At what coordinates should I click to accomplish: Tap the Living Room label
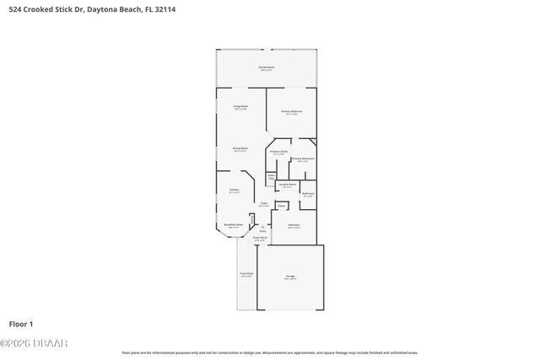point(240,106)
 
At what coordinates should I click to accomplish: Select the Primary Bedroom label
point(291,111)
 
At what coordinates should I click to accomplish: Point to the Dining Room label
point(240,148)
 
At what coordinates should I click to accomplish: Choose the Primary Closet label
point(279,152)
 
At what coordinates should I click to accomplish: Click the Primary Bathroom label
point(303,159)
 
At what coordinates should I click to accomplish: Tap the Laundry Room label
point(287,184)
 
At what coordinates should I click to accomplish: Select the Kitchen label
point(235,190)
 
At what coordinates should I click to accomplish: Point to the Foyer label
point(264,203)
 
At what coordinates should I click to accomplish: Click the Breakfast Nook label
point(234,225)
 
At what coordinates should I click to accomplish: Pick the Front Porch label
point(261,239)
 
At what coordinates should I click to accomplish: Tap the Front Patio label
point(246,275)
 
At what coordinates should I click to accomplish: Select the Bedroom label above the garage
point(294,225)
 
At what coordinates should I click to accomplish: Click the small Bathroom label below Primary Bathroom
point(308,194)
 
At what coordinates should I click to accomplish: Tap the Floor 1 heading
point(21,324)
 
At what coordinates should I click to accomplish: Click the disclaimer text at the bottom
point(269,352)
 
